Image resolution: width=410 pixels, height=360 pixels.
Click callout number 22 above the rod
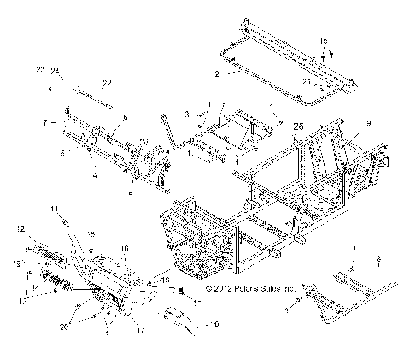(x=108, y=82)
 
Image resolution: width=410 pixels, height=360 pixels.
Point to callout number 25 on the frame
(x=298, y=126)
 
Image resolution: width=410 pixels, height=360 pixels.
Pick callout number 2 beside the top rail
(x=217, y=74)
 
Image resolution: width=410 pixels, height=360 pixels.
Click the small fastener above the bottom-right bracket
(x=379, y=258)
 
